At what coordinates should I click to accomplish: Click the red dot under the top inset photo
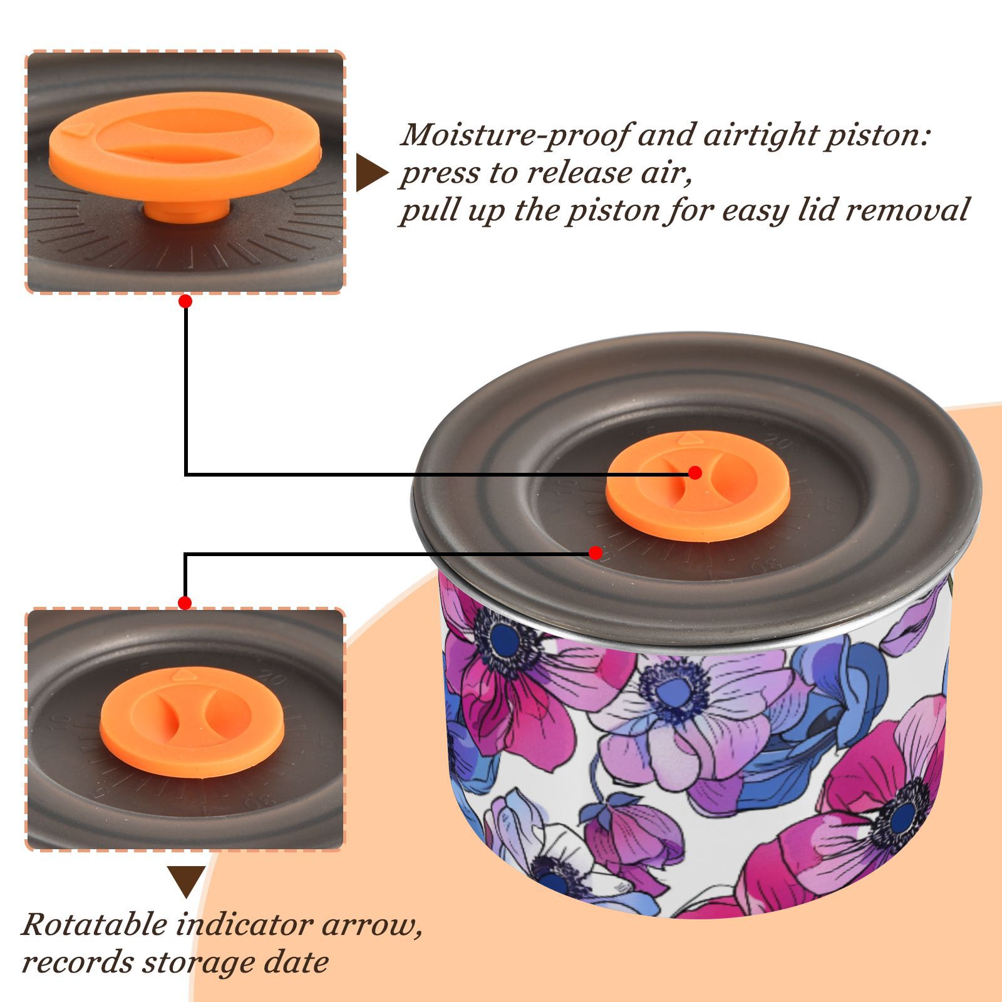[x=185, y=301]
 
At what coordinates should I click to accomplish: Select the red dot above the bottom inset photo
[x=185, y=603]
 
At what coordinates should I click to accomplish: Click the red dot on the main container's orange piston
[x=695, y=473]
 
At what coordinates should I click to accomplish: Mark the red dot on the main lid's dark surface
[x=596, y=553]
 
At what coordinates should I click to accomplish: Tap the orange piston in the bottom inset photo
[x=193, y=722]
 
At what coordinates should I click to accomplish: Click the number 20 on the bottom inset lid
[x=274, y=678]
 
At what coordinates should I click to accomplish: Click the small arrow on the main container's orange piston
[x=687, y=439]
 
